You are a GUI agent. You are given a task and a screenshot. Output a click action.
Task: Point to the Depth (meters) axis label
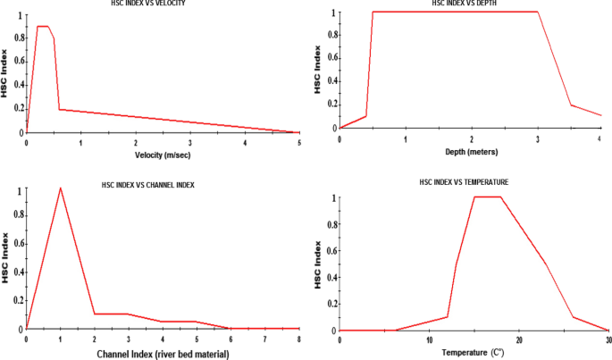pos(471,151)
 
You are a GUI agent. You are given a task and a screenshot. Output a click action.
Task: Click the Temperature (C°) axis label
pos(471,352)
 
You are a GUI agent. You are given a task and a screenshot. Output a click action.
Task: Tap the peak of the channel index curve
pos(60,188)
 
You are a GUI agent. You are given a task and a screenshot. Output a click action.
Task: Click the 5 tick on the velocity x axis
pos(298,142)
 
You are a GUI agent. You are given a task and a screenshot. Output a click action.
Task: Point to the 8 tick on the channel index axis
pos(298,339)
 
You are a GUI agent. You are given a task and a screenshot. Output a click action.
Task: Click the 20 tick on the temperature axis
pos(519,340)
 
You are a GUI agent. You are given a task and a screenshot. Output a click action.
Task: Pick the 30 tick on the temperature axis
pos(608,340)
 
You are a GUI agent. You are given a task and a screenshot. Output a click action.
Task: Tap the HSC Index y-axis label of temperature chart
pos(318,264)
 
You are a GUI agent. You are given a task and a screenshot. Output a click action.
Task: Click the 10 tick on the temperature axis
pos(430,340)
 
